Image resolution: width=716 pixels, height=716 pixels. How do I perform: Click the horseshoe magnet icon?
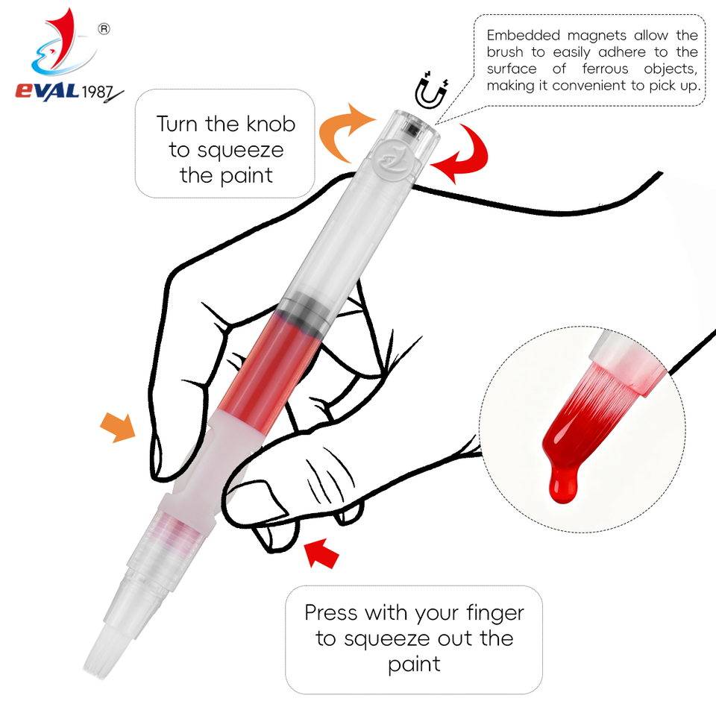(430, 90)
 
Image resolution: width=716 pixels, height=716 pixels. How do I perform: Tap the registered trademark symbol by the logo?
(104, 29)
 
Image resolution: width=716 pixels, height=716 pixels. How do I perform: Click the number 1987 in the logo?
(97, 92)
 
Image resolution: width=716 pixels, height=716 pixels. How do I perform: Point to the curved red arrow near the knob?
(462, 153)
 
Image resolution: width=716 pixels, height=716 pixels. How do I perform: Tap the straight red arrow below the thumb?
(321, 553)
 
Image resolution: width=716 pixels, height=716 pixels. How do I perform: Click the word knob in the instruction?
(271, 125)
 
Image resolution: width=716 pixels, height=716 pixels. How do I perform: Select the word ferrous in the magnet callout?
(605, 69)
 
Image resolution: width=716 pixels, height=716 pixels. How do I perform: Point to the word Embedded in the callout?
(524, 35)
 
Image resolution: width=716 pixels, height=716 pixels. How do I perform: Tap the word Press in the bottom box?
(331, 612)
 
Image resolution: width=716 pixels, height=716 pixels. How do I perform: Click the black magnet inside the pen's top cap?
(412, 129)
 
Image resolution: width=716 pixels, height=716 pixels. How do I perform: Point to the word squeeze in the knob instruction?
(241, 151)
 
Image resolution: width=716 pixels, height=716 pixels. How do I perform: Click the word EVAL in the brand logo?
(48, 90)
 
